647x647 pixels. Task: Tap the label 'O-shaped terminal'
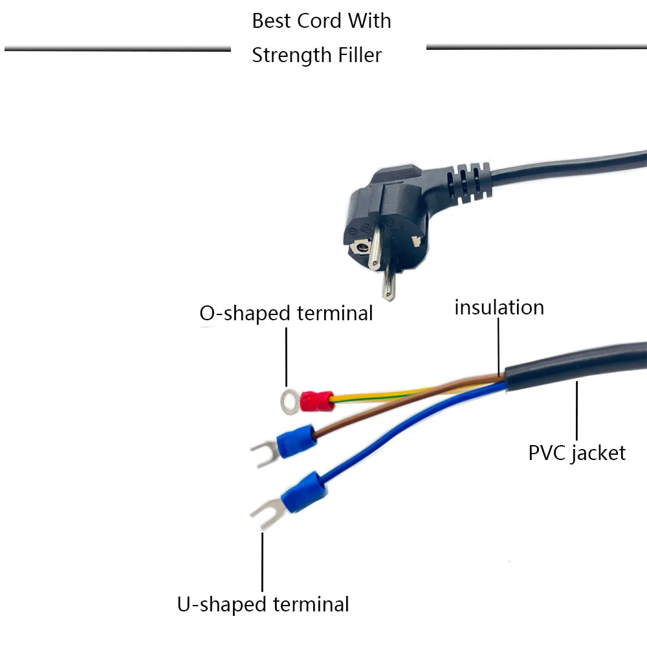[286, 313]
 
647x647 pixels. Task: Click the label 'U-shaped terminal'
[263, 604]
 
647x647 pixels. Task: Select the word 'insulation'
[499, 307]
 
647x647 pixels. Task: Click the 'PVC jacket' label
[577, 452]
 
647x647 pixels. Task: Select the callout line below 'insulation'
[499, 346]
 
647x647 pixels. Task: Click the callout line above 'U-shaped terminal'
[263, 560]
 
